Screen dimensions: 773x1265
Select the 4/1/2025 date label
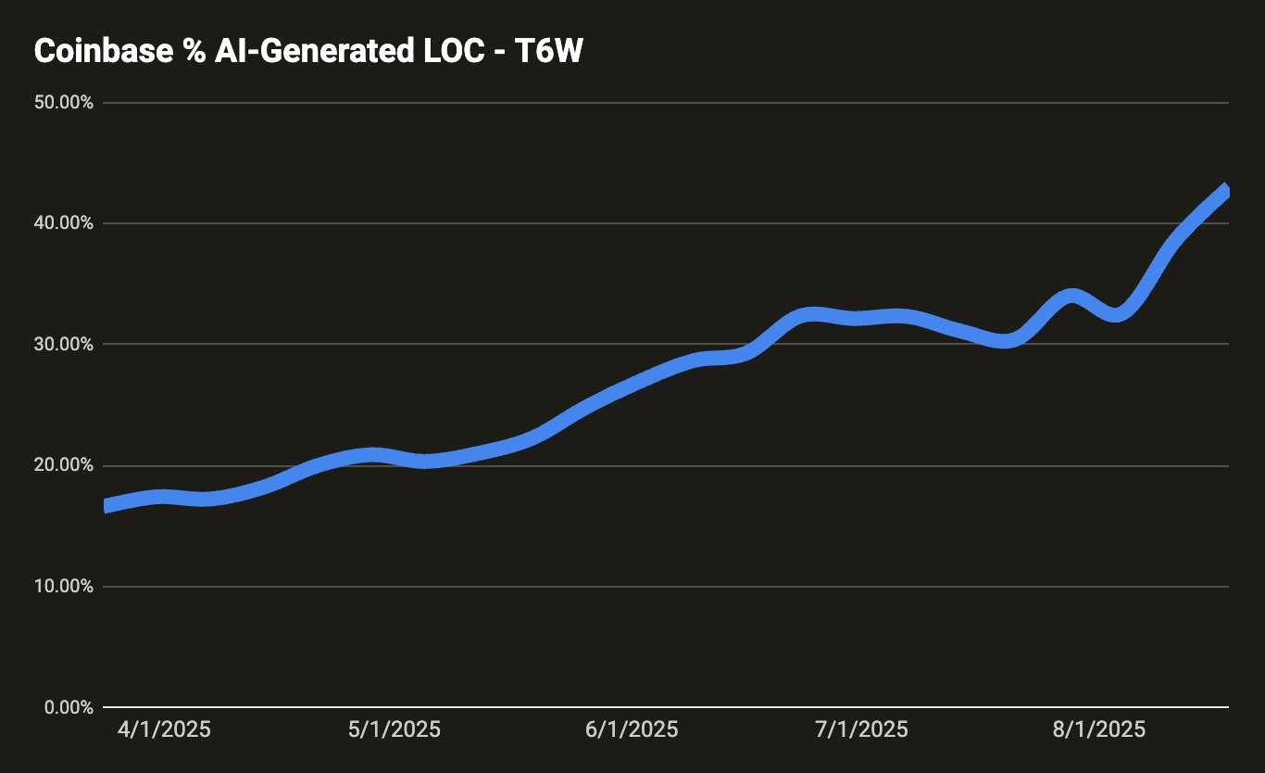pos(164,729)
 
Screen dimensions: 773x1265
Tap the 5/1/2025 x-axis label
pos(395,729)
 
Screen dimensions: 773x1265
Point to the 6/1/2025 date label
pos(632,729)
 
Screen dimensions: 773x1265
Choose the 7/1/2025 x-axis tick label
pos(862,729)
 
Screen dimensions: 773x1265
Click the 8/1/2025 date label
pos(1099,729)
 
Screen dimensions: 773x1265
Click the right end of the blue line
pos(1225,190)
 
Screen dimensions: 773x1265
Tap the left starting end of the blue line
pos(107,505)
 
